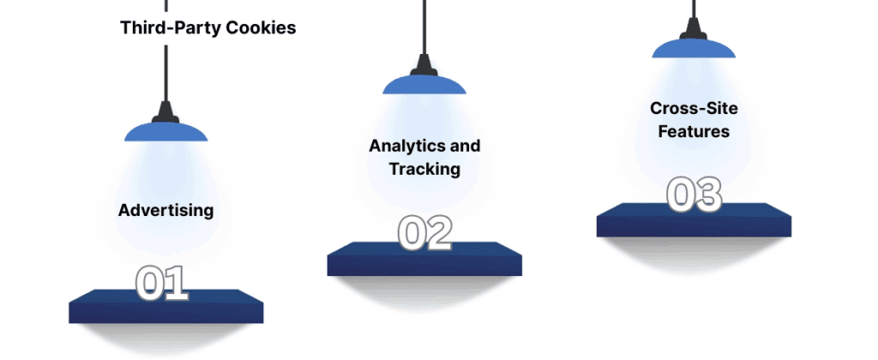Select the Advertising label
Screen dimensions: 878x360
[165, 211]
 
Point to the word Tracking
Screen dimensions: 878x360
[424, 169]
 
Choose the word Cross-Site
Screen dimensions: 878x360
[694, 108]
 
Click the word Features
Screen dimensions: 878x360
[694, 131]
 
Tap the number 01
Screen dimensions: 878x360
[162, 284]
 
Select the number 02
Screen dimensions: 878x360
[425, 233]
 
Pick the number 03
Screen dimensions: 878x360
[694, 195]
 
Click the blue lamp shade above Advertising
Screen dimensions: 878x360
[165, 132]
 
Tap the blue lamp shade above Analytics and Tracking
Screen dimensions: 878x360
[424, 85]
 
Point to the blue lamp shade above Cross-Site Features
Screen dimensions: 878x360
[694, 48]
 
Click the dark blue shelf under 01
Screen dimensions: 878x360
[166, 306]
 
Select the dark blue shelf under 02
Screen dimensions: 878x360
[424, 259]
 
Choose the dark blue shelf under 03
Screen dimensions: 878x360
[694, 220]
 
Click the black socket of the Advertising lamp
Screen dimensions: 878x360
[165, 112]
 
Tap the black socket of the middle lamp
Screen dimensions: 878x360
[424, 65]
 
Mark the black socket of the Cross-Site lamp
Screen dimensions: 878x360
[694, 29]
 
